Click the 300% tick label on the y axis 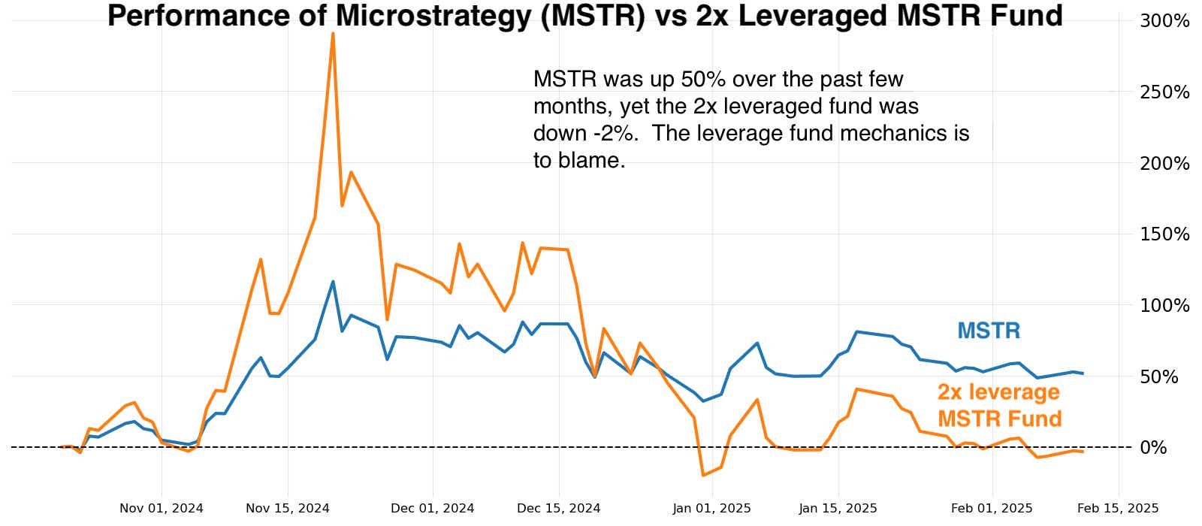(x=1164, y=21)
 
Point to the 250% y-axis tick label (x=1164, y=92)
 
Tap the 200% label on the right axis (x=1164, y=163)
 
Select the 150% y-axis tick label (x=1164, y=234)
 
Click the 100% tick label (x=1164, y=306)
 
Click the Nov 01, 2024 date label (x=162, y=509)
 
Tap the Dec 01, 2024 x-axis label (x=433, y=509)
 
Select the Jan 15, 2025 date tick (x=838, y=509)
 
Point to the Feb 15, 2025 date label (x=1119, y=509)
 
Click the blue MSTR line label (x=989, y=331)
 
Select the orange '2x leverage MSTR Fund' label (x=999, y=405)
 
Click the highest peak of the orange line (x=333, y=34)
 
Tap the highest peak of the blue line (x=333, y=282)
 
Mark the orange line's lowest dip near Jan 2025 (x=703, y=475)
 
